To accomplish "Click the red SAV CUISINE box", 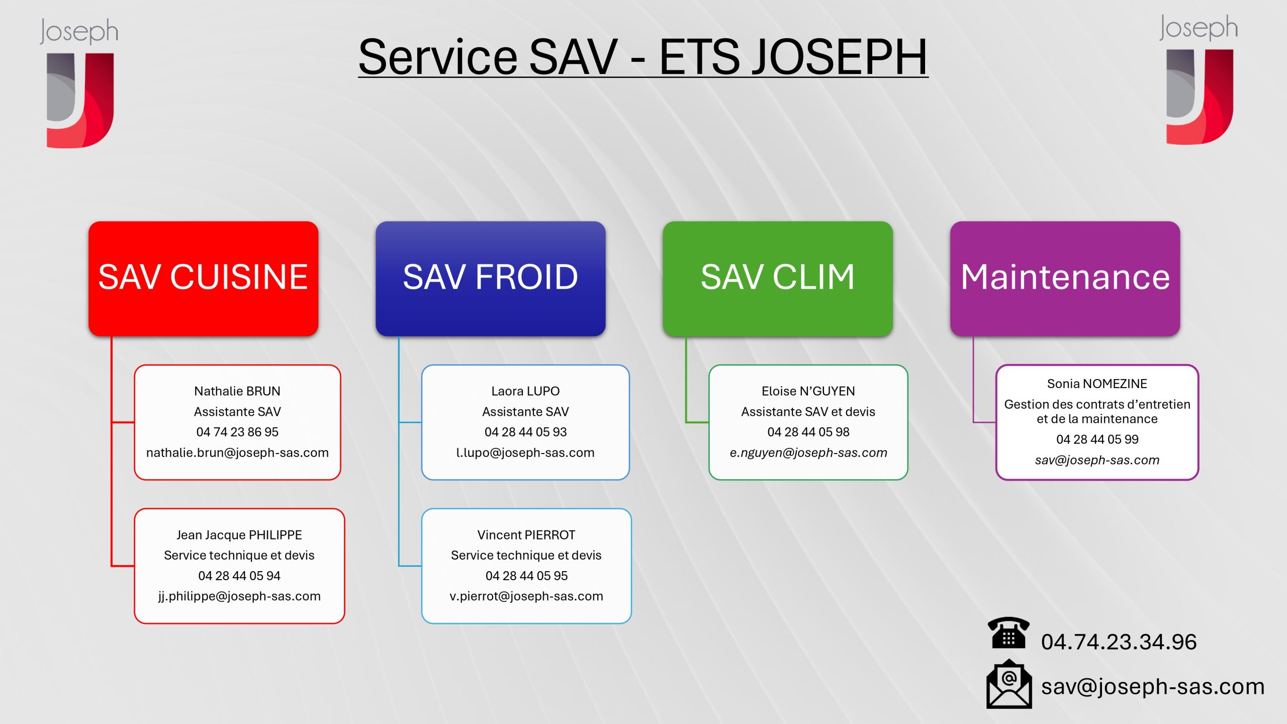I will click(203, 278).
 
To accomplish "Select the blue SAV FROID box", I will click(490, 278).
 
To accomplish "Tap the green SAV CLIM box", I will click(777, 278).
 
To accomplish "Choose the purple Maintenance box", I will click(1065, 278).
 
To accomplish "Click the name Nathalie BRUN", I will click(237, 391).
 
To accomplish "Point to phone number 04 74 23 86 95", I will click(237, 432).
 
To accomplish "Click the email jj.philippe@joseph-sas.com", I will click(239, 596).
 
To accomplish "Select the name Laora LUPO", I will click(525, 391).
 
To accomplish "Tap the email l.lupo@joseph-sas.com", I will click(525, 452).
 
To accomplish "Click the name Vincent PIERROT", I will click(526, 535).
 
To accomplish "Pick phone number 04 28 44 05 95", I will click(526, 576).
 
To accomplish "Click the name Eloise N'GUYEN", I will click(808, 391).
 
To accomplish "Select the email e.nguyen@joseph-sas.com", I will click(808, 452).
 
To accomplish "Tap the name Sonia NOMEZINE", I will click(1097, 384).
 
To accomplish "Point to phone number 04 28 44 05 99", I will click(1097, 439).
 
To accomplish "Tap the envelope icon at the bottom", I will click(1008, 685).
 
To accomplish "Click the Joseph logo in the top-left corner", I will click(79, 83).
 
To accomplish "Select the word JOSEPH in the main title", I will click(793, 57).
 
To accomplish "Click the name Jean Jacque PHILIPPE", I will click(239, 535).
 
